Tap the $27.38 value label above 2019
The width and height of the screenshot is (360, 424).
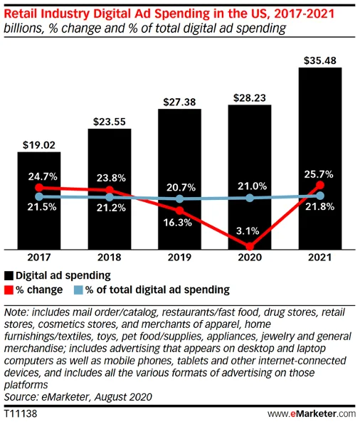coord(179,102)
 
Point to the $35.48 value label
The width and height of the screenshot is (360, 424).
coord(320,59)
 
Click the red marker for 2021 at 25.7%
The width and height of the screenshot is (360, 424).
coord(320,186)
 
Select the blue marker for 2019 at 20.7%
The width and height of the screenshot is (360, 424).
coord(180,199)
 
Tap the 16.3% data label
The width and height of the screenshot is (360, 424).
coord(179,222)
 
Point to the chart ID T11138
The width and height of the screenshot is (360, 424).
coord(19,413)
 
